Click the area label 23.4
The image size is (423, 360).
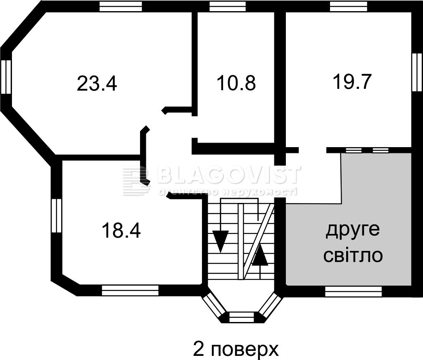click(97, 84)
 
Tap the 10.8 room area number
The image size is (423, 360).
click(236, 83)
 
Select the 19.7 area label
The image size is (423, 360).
click(352, 81)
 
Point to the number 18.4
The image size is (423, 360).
click(121, 231)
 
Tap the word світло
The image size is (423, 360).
click(353, 255)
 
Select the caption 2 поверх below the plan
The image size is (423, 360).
click(236, 349)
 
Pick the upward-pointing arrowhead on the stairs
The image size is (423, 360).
click(260, 256)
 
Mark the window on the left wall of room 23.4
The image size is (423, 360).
click(6, 77)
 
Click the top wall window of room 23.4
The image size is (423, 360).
click(121, 6)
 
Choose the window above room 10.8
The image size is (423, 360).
click(227, 6)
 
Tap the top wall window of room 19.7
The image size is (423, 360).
click(348, 6)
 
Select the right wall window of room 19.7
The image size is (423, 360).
click(417, 72)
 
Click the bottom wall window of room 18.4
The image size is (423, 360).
click(130, 290)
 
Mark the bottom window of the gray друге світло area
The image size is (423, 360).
click(353, 292)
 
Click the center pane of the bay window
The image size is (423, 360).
click(242, 317)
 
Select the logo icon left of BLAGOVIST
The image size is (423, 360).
click(136, 181)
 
